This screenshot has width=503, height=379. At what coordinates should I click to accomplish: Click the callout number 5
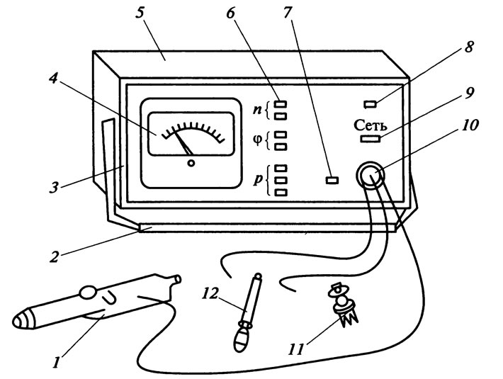pos(140,16)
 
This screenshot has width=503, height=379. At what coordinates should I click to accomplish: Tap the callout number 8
pos(468,47)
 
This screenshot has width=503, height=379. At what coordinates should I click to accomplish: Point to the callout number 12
pos(210,293)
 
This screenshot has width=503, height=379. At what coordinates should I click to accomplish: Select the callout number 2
pos(55,256)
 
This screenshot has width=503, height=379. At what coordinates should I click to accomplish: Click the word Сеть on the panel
pos(371,125)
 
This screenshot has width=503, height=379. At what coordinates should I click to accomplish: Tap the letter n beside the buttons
pos(257,110)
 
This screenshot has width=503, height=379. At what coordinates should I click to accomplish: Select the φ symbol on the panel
pos(258,140)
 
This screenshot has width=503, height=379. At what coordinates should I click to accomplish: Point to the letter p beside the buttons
pos(258,179)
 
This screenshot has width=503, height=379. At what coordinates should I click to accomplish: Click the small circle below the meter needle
pos(191,163)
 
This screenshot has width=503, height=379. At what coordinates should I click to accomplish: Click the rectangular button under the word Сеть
pos(371,139)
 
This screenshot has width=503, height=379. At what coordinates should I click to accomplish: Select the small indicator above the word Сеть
pos(371,104)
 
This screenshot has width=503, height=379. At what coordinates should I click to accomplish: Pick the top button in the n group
pos(281,104)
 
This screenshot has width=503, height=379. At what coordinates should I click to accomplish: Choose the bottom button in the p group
pos(281,193)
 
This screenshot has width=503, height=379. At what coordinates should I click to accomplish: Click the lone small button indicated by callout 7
pos(332,180)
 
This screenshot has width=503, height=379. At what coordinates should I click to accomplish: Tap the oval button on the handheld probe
pos(87,293)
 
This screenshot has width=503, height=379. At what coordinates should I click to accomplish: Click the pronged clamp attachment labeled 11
pos(342,305)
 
